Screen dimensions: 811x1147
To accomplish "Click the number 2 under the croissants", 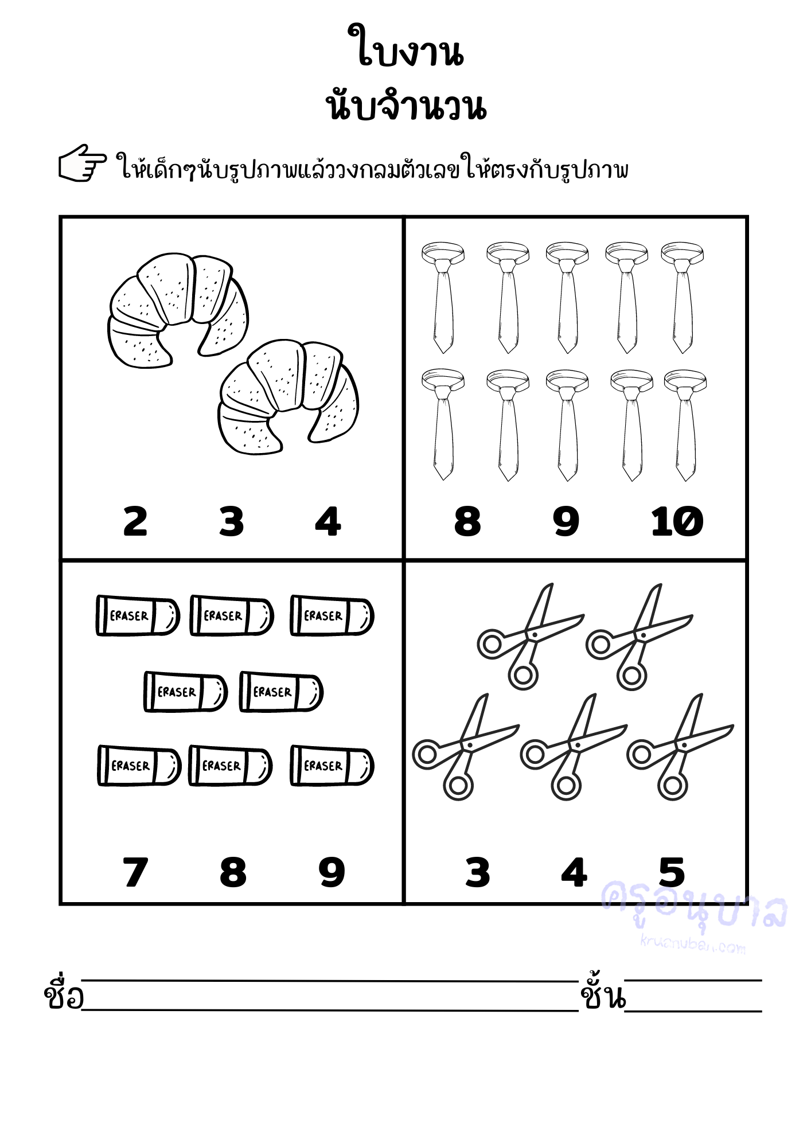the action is pos(135,521).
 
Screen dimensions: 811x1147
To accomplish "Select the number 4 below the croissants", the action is pos(328,521).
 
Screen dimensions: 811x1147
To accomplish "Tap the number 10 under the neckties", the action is pos(677,521).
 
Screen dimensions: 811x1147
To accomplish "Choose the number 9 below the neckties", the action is pos(566,521).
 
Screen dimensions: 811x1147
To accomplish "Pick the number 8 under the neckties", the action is pos(467,521).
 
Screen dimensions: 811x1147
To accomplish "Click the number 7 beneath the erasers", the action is pos(135,872).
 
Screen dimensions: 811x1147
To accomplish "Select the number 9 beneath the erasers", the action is pos(332,872).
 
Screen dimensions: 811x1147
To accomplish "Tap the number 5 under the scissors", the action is pos(672,872).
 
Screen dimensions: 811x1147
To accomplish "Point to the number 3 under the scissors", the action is pos(478,872).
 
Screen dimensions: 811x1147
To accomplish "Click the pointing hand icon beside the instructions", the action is pos(83,163).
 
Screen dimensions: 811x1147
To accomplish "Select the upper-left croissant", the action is pos(178,310).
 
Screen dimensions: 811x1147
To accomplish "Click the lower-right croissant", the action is pos(288,397).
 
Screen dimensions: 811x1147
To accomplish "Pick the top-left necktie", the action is pos(443,297).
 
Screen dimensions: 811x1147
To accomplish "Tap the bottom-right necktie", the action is pos(685,425).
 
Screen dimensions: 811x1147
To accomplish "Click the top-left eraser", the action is pos(138,615).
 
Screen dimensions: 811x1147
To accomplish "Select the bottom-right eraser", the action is pos(332,766).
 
